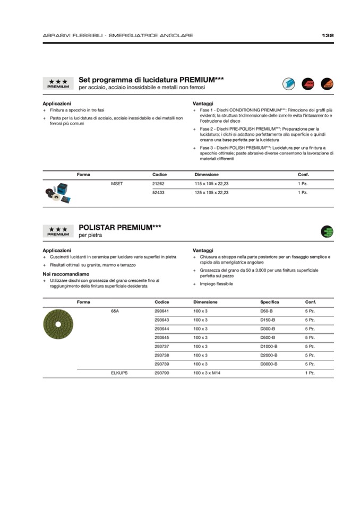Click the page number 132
(x=328, y=36)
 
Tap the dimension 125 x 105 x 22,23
(x=211, y=193)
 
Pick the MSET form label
(x=117, y=183)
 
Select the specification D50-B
(x=266, y=311)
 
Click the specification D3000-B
(x=269, y=364)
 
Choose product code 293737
(x=161, y=346)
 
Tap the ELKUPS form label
(x=119, y=373)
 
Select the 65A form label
(x=115, y=311)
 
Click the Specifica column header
(x=269, y=302)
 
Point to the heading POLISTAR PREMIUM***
(x=120, y=228)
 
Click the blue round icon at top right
(x=289, y=83)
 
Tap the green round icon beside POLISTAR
(x=327, y=231)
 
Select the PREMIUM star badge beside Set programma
(x=58, y=83)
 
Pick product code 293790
(x=161, y=373)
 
